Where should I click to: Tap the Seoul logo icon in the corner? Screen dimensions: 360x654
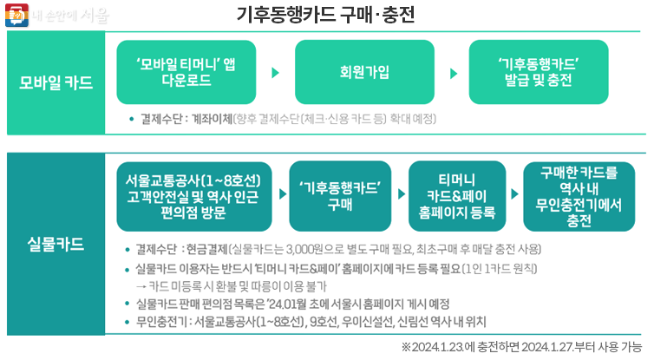(15, 16)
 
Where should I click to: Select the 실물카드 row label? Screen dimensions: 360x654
(56, 244)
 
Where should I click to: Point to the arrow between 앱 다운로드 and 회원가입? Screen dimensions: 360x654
(275, 73)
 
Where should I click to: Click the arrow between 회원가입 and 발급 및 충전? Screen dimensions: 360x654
(454, 73)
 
